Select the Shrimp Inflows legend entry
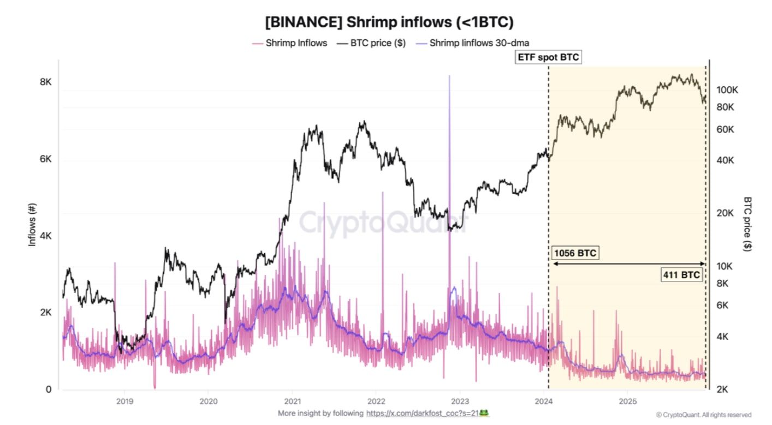tap(296, 43)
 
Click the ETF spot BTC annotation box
tap(548, 56)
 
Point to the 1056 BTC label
tap(575, 253)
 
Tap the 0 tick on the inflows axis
tap(48, 390)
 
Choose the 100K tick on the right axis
tap(727, 90)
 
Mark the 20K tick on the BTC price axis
tap(725, 213)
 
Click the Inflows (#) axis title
tap(32, 224)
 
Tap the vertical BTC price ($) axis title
tap(747, 224)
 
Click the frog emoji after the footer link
tap(483, 414)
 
